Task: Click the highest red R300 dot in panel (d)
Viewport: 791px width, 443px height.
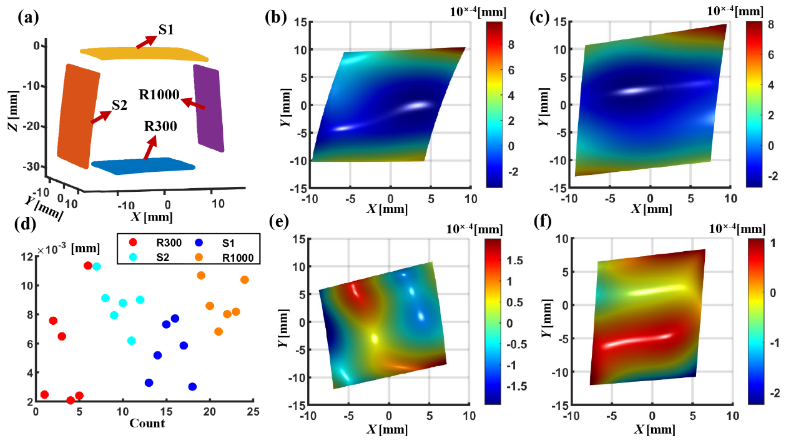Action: point(88,266)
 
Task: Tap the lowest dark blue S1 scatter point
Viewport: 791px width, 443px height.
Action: point(192,387)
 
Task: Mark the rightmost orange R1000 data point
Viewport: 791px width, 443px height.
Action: point(244,280)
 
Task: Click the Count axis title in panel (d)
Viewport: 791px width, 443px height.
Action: point(147,424)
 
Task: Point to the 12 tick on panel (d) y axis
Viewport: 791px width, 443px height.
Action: point(29,257)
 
